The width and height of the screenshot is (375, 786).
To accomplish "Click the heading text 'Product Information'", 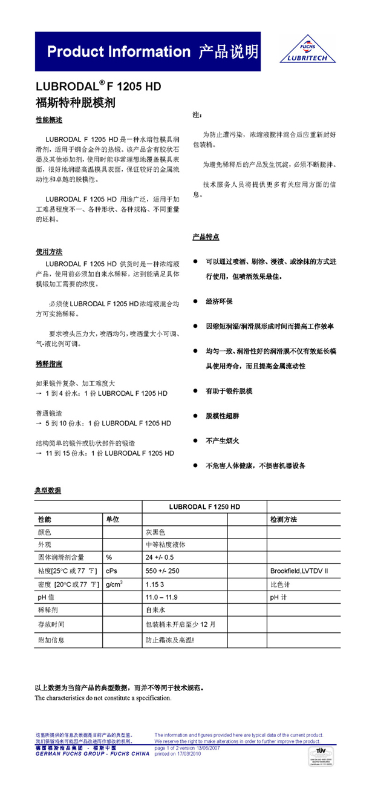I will [119, 52].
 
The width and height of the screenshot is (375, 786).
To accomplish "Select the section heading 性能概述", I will [49, 120].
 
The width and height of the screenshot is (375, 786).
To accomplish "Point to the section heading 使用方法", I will [49, 252].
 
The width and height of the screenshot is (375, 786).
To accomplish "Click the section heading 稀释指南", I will [49, 364].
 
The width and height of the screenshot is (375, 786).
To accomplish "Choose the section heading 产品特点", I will [206, 237].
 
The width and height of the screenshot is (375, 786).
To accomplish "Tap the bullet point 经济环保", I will [219, 301].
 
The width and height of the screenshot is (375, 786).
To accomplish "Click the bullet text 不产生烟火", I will [223, 440].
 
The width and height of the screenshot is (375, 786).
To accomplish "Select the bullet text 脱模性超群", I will [223, 416].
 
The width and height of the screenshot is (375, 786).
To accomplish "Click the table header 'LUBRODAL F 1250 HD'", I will [204, 506].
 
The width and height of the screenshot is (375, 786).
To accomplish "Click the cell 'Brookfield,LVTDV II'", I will [299, 571].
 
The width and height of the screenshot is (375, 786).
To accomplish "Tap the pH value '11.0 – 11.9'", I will [161, 598].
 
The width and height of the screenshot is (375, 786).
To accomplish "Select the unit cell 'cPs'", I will [112, 571].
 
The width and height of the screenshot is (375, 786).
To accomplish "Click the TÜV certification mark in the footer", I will [347, 756].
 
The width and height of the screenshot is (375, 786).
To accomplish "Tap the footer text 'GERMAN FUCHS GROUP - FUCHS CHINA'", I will [92, 754].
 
